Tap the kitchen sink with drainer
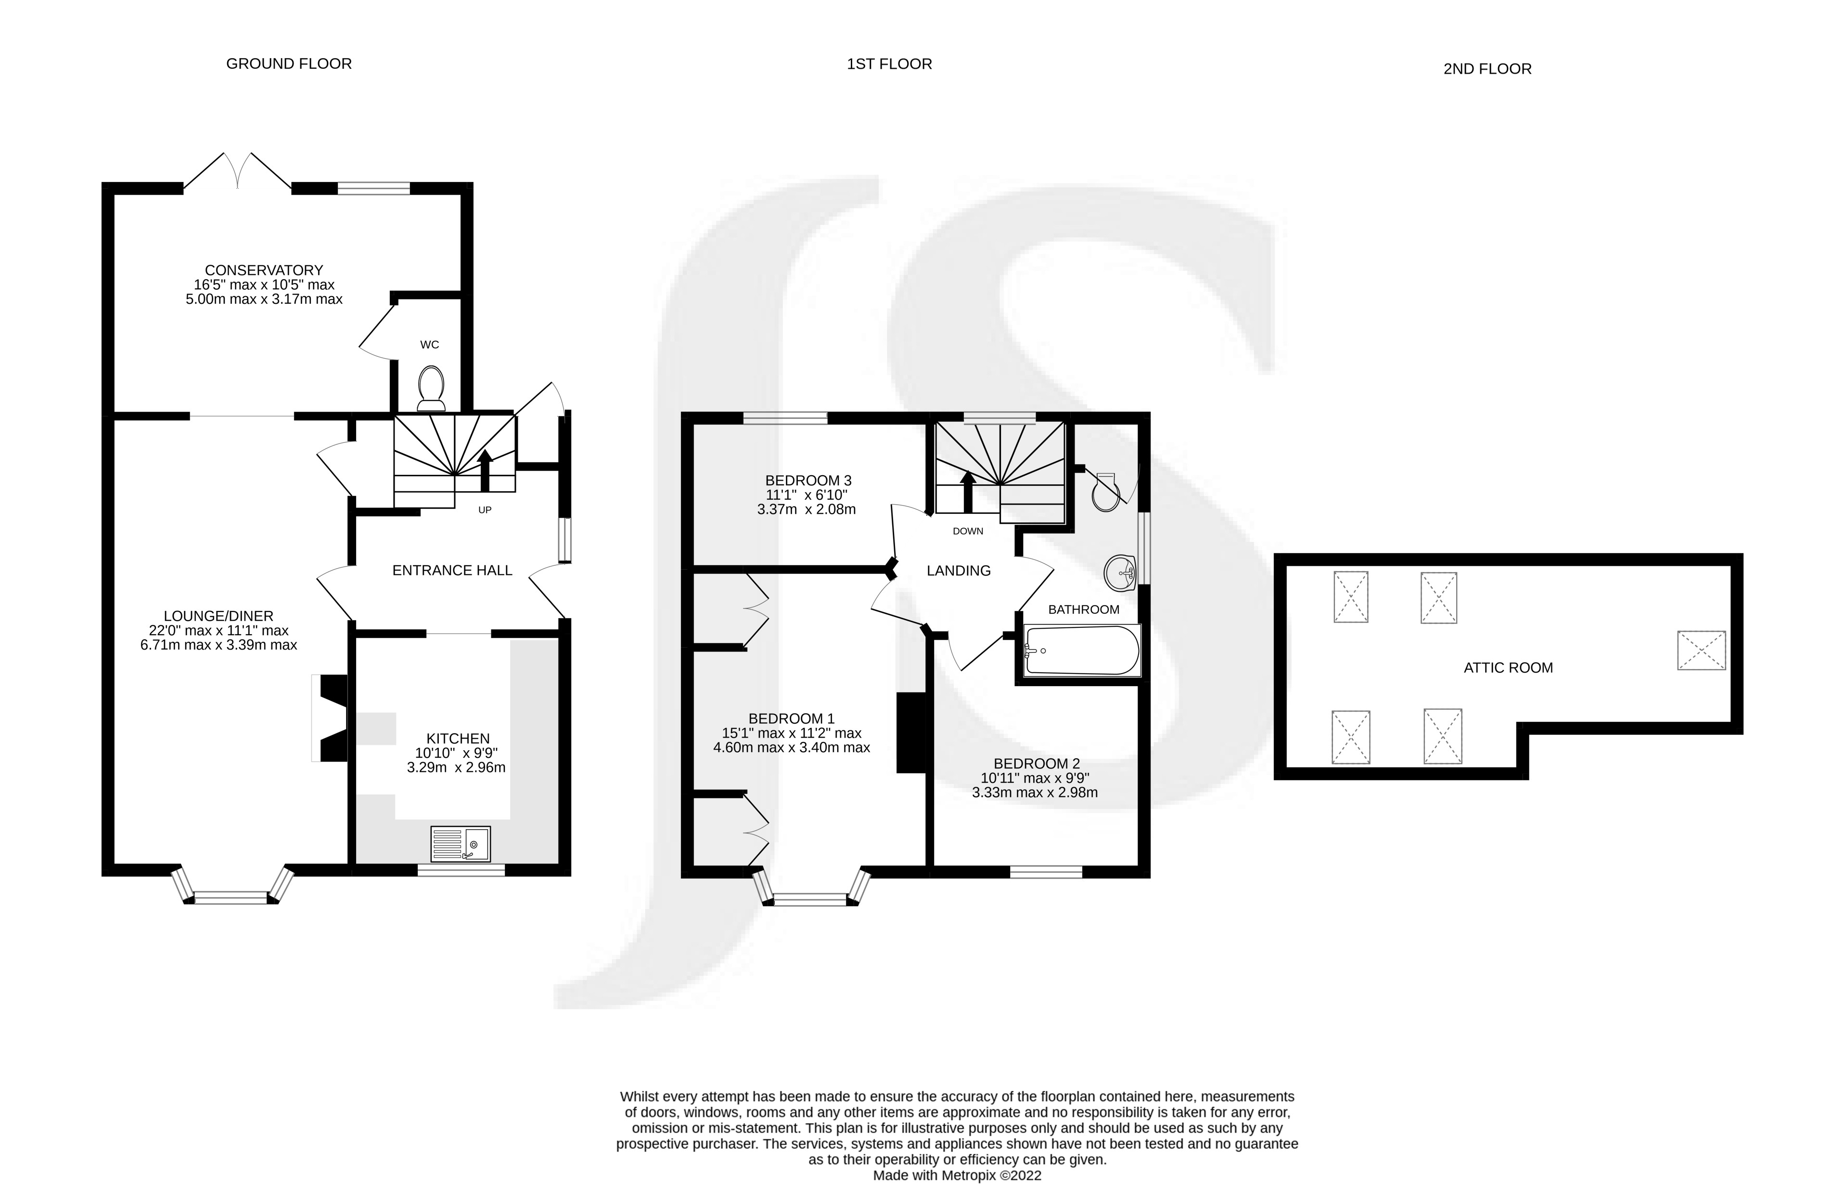point(461,844)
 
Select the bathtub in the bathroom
point(1082,651)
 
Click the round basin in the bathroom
point(1120,572)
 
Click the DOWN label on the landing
point(967,531)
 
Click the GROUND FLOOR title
point(289,64)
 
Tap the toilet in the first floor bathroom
point(1106,492)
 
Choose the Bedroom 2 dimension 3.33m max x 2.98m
point(1034,793)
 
